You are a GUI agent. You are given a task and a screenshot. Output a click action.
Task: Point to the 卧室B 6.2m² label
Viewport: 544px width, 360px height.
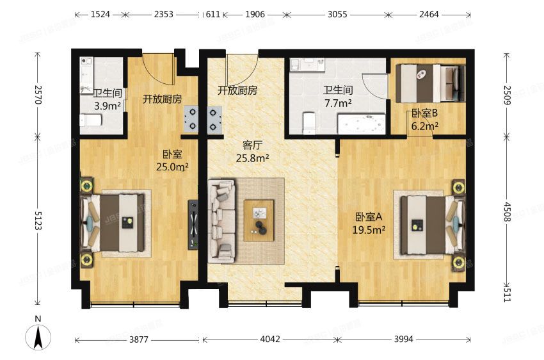click(424, 120)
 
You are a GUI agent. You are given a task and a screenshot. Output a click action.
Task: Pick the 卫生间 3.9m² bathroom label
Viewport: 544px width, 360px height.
click(98, 100)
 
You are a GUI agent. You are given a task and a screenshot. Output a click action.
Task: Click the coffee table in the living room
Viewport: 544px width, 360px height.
click(259, 220)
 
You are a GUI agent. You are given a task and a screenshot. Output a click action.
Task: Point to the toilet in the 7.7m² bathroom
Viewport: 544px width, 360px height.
click(308, 122)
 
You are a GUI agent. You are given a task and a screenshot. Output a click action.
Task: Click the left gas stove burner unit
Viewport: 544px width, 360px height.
click(191, 119)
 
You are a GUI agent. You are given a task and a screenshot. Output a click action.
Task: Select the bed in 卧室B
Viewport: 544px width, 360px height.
click(428, 83)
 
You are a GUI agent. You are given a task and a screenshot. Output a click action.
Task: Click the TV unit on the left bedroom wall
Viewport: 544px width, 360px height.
click(193, 225)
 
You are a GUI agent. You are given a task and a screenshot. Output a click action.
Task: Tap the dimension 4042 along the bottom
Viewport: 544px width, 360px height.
click(270, 339)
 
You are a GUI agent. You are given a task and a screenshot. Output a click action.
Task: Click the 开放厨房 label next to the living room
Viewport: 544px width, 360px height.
click(237, 90)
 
